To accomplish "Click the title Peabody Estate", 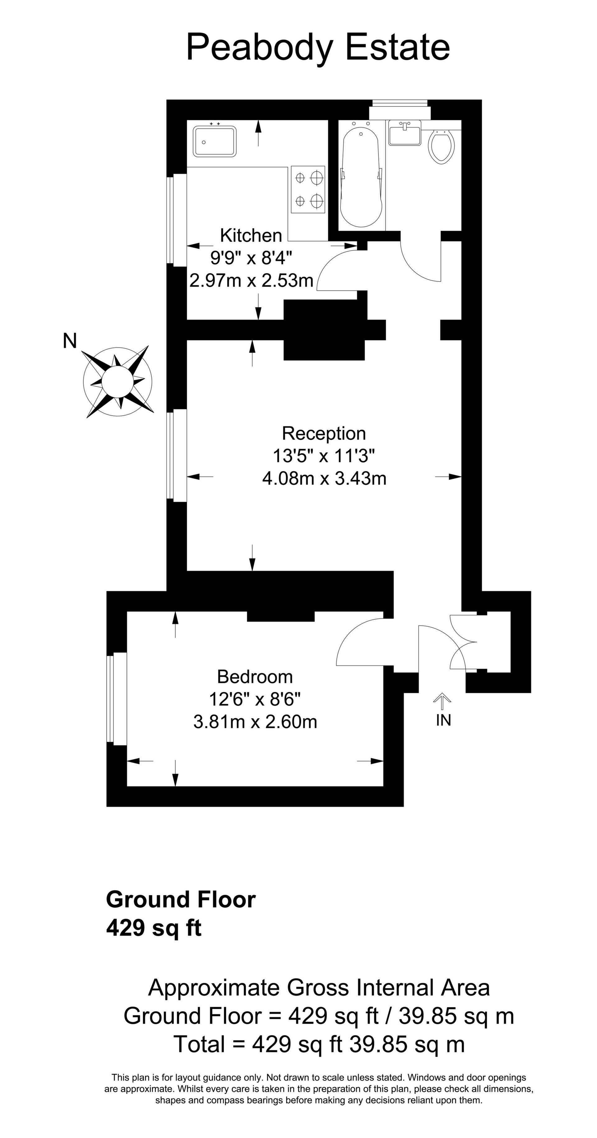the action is click(318, 48).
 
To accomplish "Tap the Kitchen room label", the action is click(251, 235).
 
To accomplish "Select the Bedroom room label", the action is click(255, 677).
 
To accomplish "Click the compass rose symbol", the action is click(118, 381).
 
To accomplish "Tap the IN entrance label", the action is click(443, 720).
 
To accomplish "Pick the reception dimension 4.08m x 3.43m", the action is click(324, 478).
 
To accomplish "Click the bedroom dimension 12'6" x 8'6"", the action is click(255, 699).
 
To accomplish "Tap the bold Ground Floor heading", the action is click(181, 900).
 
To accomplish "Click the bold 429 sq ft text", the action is click(154, 928).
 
